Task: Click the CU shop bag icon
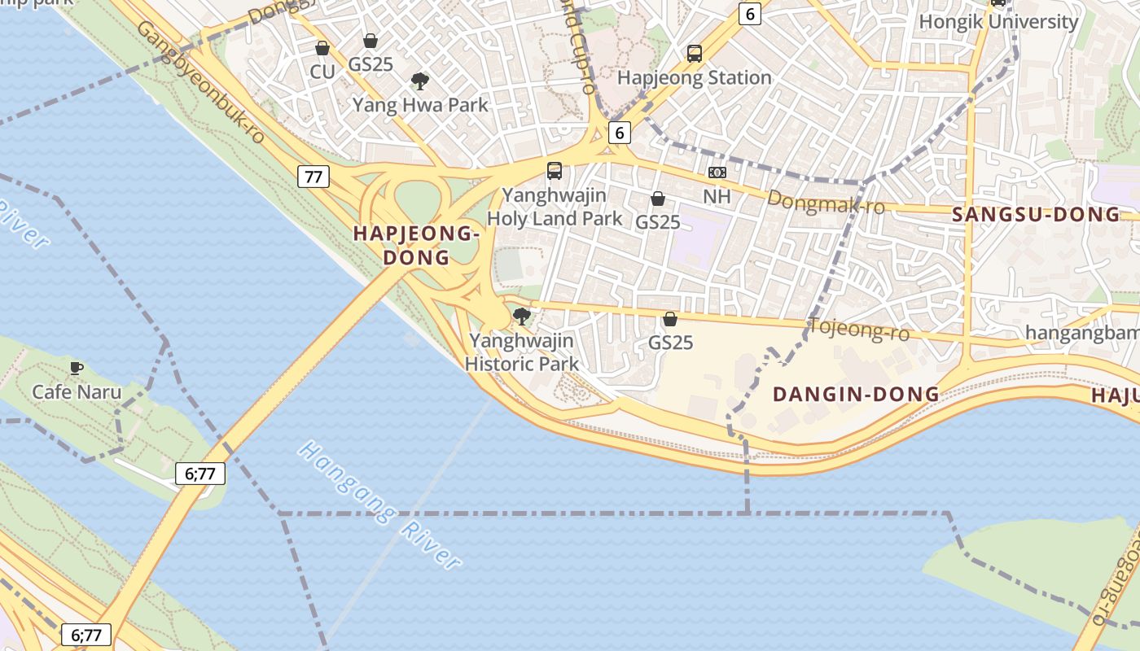click(x=322, y=49)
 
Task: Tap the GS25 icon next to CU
click(x=370, y=41)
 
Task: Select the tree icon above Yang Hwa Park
click(x=420, y=81)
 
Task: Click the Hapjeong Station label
click(x=694, y=78)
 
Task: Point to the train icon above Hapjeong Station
click(x=694, y=54)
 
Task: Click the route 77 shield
click(x=313, y=176)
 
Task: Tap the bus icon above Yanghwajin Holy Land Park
click(x=555, y=171)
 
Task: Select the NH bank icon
click(x=717, y=173)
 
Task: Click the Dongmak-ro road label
click(x=826, y=203)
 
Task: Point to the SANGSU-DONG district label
click(x=1036, y=215)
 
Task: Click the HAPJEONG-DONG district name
click(x=415, y=245)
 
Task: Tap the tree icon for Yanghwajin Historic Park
click(x=522, y=317)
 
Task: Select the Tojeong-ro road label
click(x=858, y=330)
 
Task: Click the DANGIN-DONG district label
click(x=856, y=395)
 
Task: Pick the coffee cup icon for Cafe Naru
click(x=76, y=368)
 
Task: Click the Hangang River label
click(x=379, y=505)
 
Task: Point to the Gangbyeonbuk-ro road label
click(x=201, y=82)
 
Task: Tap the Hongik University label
click(x=998, y=22)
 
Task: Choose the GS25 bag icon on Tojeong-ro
click(x=670, y=319)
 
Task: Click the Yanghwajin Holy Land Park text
click(x=555, y=207)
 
